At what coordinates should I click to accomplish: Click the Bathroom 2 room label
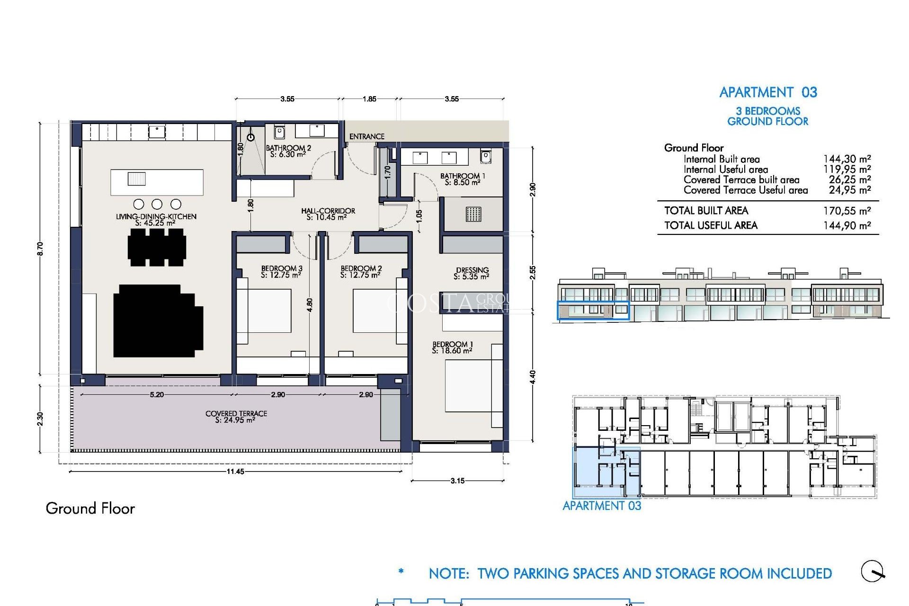(x=288, y=151)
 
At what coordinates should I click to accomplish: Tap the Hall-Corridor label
(x=328, y=214)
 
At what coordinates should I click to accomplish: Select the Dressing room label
(x=472, y=273)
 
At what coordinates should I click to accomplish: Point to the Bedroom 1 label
(x=452, y=348)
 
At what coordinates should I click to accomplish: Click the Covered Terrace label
(x=236, y=417)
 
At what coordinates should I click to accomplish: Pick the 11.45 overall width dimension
(x=235, y=472)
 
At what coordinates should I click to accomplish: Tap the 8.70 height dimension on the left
(x=40, y=249)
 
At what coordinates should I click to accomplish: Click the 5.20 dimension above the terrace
(x=157, y=394)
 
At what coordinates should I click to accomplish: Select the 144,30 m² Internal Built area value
(x=847, y=159)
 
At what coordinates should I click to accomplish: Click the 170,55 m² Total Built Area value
(x=847, y=211)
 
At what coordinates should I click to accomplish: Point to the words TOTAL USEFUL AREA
(x=711, y=225)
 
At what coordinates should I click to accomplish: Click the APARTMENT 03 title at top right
(x=768, y=92)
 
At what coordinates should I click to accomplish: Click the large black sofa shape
(x=158, y=321)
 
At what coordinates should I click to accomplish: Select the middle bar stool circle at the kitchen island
(x=157, y=204)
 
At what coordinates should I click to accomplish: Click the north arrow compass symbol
(x=873, y=571)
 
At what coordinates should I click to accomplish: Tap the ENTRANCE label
(x=366, y=136)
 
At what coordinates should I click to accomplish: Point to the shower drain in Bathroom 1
(x=473, y=214)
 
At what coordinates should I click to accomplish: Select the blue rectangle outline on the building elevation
(x=593, y=310)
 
